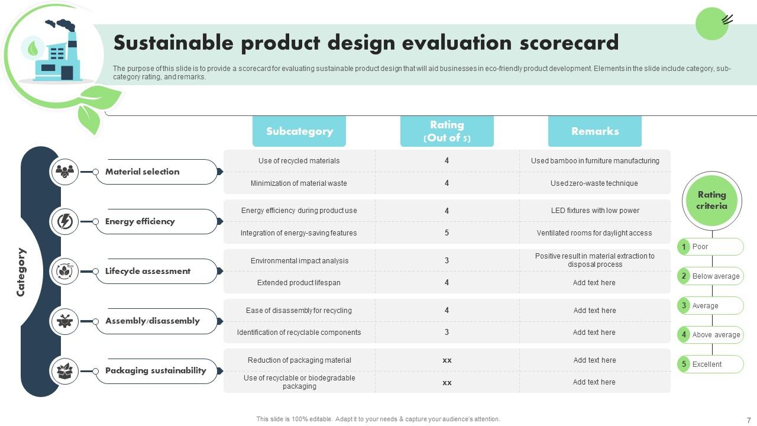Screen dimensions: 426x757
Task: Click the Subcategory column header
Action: pyautogui.click(x=299, y=131)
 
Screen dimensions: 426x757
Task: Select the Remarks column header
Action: pyautogui.click(x=594, y=131)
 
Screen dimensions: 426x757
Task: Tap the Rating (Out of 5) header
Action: pyautogui.click(x=447, y=131)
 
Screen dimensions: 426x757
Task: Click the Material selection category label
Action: pyautogui.click(x=143, y=172)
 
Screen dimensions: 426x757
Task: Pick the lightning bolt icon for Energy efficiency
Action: pyautogui.click(x=64, y=221)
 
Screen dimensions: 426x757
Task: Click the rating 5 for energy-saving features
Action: pyautogui.click(x=447, y=233)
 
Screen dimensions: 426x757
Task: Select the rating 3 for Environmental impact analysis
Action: pyautogui.click(x=447, y=260)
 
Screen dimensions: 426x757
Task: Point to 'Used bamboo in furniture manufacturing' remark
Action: pyautogui.click(x=594, y=161)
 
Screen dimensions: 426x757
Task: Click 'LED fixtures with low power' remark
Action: pyautogui.click(x=594, y=211)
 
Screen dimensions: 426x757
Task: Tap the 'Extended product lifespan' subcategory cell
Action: pyautogui.click(x=299, y=283)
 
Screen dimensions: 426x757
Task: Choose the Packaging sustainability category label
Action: pyautogui.click(x=156, y=370)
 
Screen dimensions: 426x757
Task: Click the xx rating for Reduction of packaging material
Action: pyautogui.click(x=447, y=360)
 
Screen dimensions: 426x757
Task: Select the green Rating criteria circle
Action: pyautogui.click(x=711, y=200)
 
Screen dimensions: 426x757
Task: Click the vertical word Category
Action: pyautogui.click(x=21, y=272)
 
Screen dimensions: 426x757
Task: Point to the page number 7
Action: pyautogui.click(x=749, y=420)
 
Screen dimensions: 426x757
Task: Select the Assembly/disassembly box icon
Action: pyautogui.click(x=64, y=321)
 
